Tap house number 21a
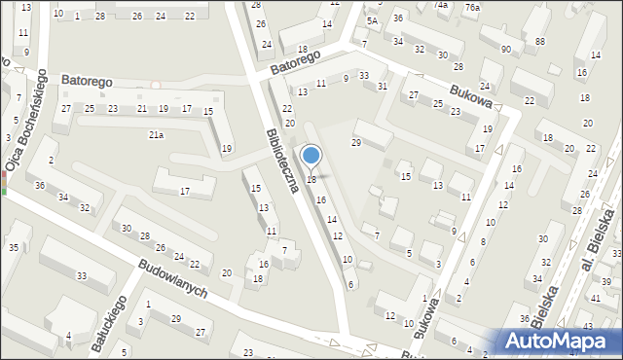click(156, 135)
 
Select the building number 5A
click(372, 20)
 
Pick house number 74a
click(441, 5)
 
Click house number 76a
click(472, 8)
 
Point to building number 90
click(505, 50)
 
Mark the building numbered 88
click(539, 41)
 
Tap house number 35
click(14, 247)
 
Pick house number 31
click(383, 87)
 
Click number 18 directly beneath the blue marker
click(311, 180)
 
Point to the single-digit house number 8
click(484, 241)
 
